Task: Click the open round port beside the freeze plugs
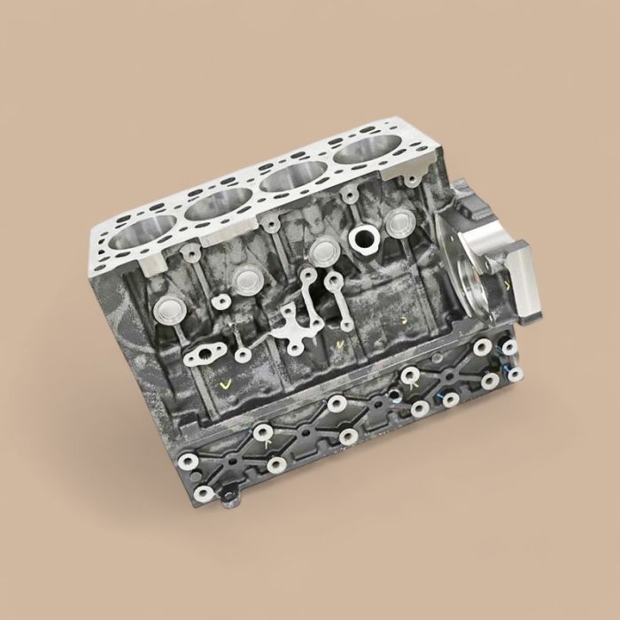363,236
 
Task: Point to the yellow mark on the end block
507,285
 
